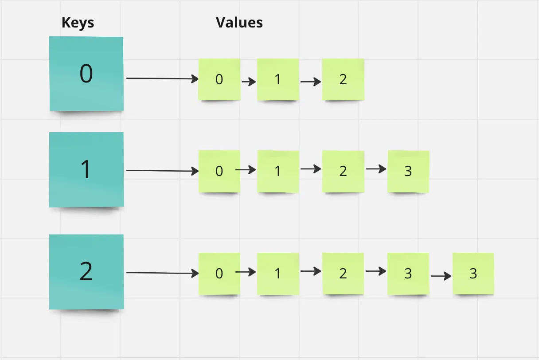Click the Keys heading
click(78, 23)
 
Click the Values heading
click(239, 23)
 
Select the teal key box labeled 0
click(86, 74)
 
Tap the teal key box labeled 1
click(86, 169)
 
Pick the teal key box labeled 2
click(86, 272)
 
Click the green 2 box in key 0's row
click(343, 79)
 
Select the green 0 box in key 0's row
click(219, 79)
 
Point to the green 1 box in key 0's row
click(278, 79)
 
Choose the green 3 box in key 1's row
click(408, 171)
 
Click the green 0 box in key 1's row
click(219, 171)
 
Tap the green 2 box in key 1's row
click(343, 171)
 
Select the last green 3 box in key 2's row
click(473, 274)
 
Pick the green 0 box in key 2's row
click(219, 274)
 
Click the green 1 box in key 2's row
click(278, 274)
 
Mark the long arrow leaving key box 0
click(162, 79)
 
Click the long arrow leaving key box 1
click(162, 171)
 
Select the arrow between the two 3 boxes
click(441, 276)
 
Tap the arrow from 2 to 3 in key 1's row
click(375, 169)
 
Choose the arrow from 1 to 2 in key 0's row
click(310, 82)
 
